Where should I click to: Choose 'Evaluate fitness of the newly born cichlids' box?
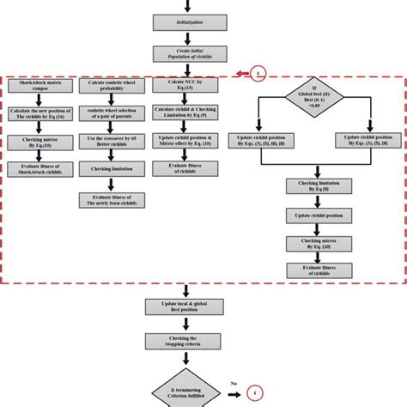[x=112, y=201]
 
